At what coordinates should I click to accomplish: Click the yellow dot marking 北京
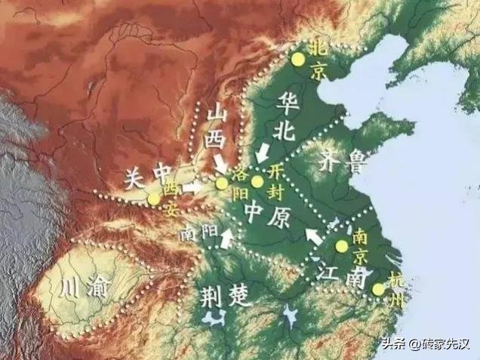pyautogui.click(x=299, y=58)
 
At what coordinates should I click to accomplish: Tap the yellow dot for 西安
pyautogui.click(x=155, y=198)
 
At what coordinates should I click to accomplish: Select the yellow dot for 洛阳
pyautogui.click(x=221, y=183)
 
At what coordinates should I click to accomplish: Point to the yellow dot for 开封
pyautogui.click(x=257, y=181)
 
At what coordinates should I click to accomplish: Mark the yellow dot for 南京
pyautogui.click(x=342, y=246)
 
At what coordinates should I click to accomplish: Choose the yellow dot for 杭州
pyautogui.click(x=378, y=289)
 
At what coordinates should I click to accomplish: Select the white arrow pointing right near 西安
pyautogui.click(x=192, y=186)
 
